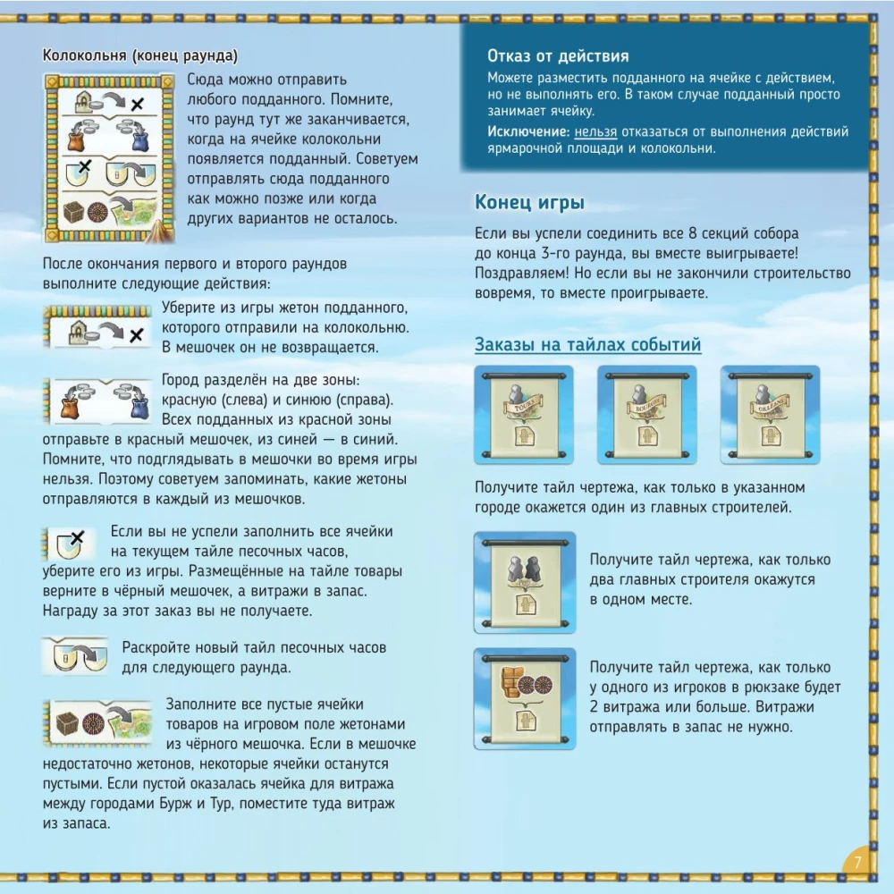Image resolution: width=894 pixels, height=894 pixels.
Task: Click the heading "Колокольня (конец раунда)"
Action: tap(140, 55)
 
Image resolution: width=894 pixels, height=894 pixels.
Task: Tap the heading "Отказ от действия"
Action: tap(558, 55)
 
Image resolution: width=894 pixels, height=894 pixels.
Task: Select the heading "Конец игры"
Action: tap(529, 202)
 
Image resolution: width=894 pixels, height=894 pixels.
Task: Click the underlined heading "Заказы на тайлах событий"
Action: tap(588, 344)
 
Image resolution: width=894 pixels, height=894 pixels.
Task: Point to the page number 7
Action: tap(858, 862)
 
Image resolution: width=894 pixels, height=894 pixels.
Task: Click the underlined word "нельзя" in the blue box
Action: tap(595, 131)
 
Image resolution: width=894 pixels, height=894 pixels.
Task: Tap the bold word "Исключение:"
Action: tap(528, 131)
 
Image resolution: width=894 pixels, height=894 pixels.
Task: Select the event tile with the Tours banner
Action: tap(524, 415)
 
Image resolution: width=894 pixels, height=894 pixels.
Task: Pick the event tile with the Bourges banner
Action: tap(647, 415)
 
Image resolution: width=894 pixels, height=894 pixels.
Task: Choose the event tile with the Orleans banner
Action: tap(771, 415)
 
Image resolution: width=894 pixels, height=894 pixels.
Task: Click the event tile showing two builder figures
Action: tap(525, 582)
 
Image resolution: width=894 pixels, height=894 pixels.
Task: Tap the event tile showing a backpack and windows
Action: tap(525, 698)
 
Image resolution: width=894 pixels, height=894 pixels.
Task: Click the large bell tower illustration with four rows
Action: tap(109, 157)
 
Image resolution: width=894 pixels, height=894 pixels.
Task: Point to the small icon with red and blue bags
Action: tap(99, 401)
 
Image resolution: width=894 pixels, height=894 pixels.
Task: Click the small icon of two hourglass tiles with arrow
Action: tap(75, 656)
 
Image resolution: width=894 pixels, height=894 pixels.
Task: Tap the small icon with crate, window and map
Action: tap(98, 723)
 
